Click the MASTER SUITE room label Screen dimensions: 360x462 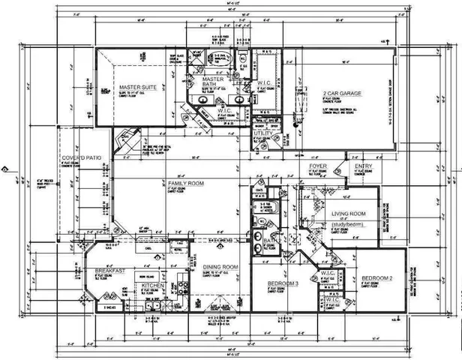[137, 88]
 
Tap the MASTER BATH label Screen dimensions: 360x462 [214, 81]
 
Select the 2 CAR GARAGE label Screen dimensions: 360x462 [342, 93]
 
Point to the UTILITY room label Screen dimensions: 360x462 [263, 133]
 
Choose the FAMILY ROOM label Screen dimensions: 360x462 [186, 183]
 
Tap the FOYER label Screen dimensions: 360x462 [317, 165]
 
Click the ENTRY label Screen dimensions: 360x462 [363, 166]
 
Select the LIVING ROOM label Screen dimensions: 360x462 [352, 214]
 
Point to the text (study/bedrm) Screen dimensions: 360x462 [352, 223]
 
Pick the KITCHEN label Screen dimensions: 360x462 [153, 286]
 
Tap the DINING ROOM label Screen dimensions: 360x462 [220, 267]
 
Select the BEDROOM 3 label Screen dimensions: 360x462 [283, 283]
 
